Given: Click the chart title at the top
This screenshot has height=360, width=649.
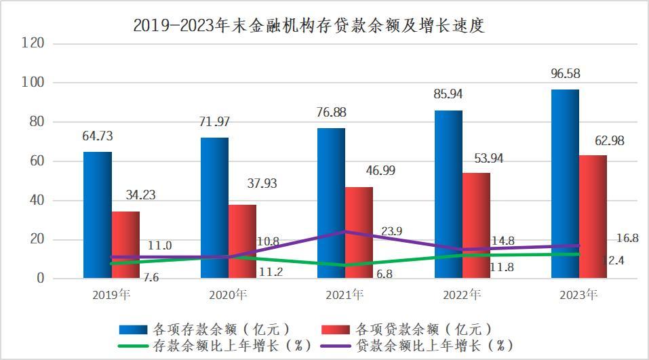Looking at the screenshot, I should coord(310,26).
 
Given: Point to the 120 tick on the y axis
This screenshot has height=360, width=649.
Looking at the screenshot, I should coord(34,43).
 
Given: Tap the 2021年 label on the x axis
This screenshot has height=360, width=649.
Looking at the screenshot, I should coord(345,295).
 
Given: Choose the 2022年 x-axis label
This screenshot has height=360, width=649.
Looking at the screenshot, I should coord(461,295).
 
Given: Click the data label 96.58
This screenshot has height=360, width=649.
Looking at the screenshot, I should coord(566,73).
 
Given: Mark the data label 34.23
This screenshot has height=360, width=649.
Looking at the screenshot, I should coord(141,195).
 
